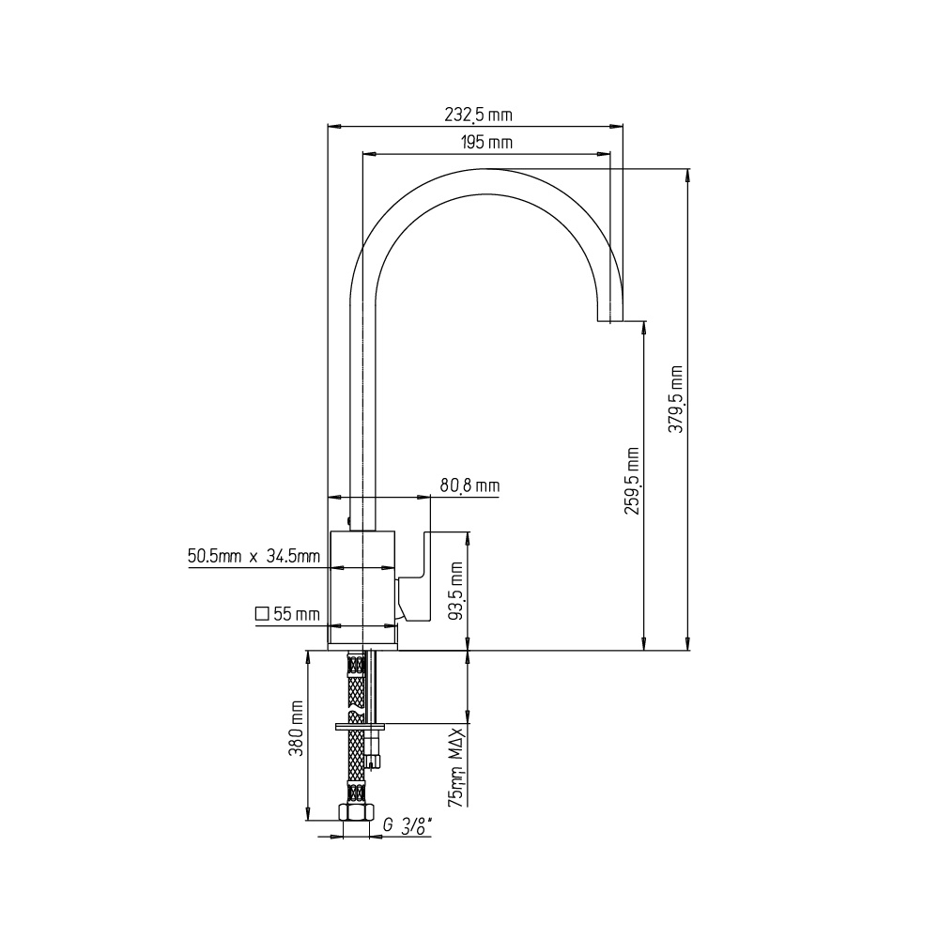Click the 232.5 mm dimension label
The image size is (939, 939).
click(478, 115)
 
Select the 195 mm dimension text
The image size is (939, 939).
click(486, 143)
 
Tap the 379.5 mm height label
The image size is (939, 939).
click(676, 399)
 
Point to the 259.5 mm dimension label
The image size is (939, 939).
click(632, 481)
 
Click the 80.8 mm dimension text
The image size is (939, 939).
click(469, 485)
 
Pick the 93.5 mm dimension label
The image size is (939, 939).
click(457, 591)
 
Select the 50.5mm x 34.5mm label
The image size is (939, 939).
click(254, 556)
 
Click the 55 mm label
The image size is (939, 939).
click(297, 614)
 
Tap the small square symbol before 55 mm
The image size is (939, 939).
click(262, 614)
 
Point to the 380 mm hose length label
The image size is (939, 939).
click(297, 729)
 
